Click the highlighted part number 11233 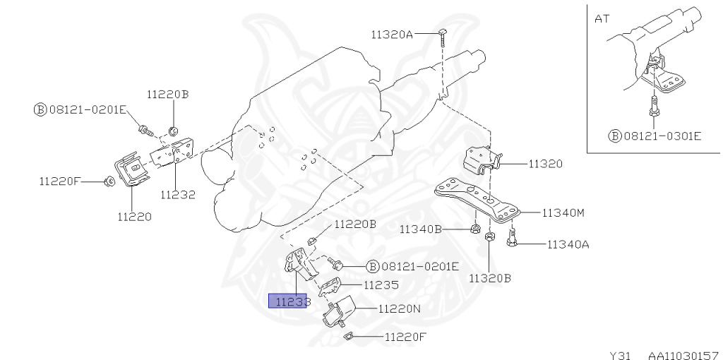[288, 302]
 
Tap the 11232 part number [177, 194]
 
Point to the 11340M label [563, 212]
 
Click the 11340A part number [568, 245]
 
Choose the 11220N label [399, 308]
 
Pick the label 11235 [381, 285]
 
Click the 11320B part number [490, 277]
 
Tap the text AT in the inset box [602, 19]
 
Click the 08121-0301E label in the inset [661, 134]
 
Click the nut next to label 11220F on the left [108, 182]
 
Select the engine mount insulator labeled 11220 [130, 171]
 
